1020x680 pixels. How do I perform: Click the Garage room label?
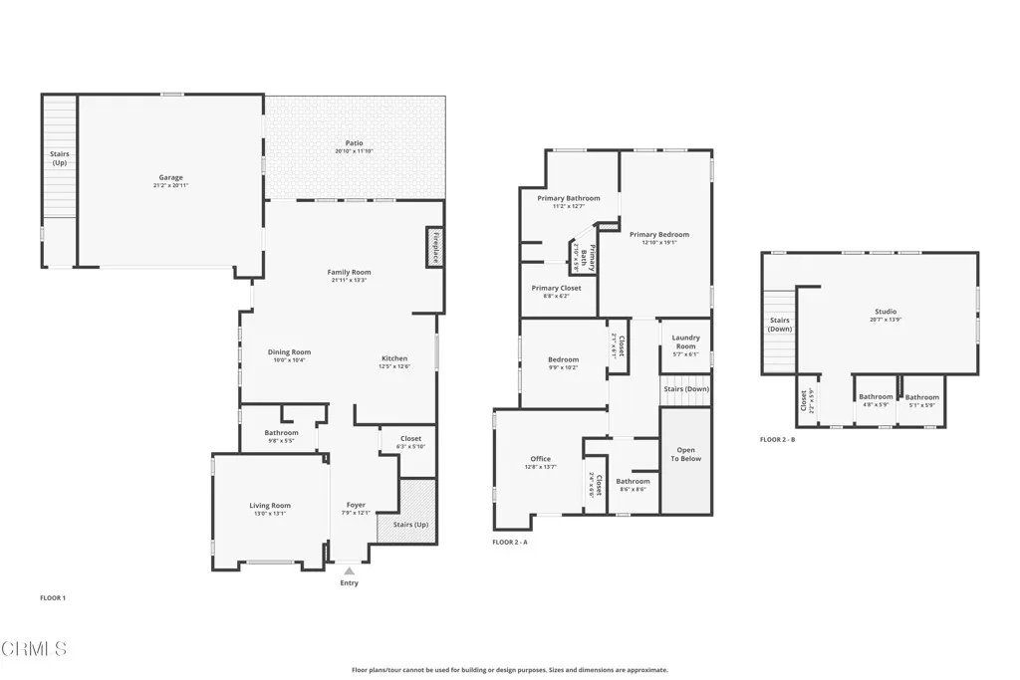point(170,177)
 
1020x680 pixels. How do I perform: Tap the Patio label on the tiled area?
point(355,143)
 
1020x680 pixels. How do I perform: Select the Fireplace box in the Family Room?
point(435,247)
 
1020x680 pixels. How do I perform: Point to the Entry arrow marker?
point(349,570)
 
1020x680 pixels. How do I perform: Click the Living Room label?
point(269,506)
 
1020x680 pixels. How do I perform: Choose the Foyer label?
point(356,505)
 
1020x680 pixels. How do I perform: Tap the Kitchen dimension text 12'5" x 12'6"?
point(394,366)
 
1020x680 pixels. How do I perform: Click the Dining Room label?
point(289,351)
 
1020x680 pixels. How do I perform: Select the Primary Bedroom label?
point(658,235)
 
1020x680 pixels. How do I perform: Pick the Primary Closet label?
point(556,288)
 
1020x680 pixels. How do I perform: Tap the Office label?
point(540,459)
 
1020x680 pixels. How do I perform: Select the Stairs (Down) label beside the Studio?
point(780,325)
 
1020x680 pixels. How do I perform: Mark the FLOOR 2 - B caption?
point(777,439)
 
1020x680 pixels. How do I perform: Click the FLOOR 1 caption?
point(53,598)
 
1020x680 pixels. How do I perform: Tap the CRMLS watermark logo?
point(34,649)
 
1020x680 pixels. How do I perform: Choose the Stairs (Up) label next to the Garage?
point(59,158)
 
